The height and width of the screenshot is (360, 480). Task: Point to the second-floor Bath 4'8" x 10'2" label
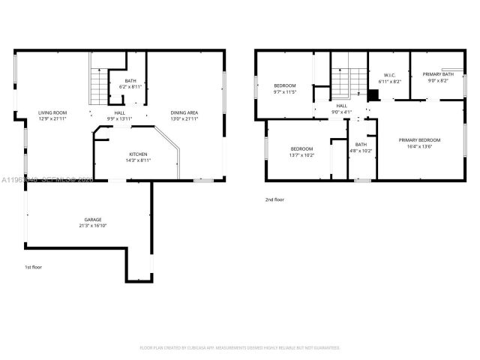tap(361, 147)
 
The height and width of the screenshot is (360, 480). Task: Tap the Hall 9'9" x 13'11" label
tap(119, 115)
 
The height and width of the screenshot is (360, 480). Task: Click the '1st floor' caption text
tap(34, 267)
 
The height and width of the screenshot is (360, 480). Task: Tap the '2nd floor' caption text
tap(274, 199)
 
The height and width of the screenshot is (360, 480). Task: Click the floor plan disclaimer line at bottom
tap(240, 347)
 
